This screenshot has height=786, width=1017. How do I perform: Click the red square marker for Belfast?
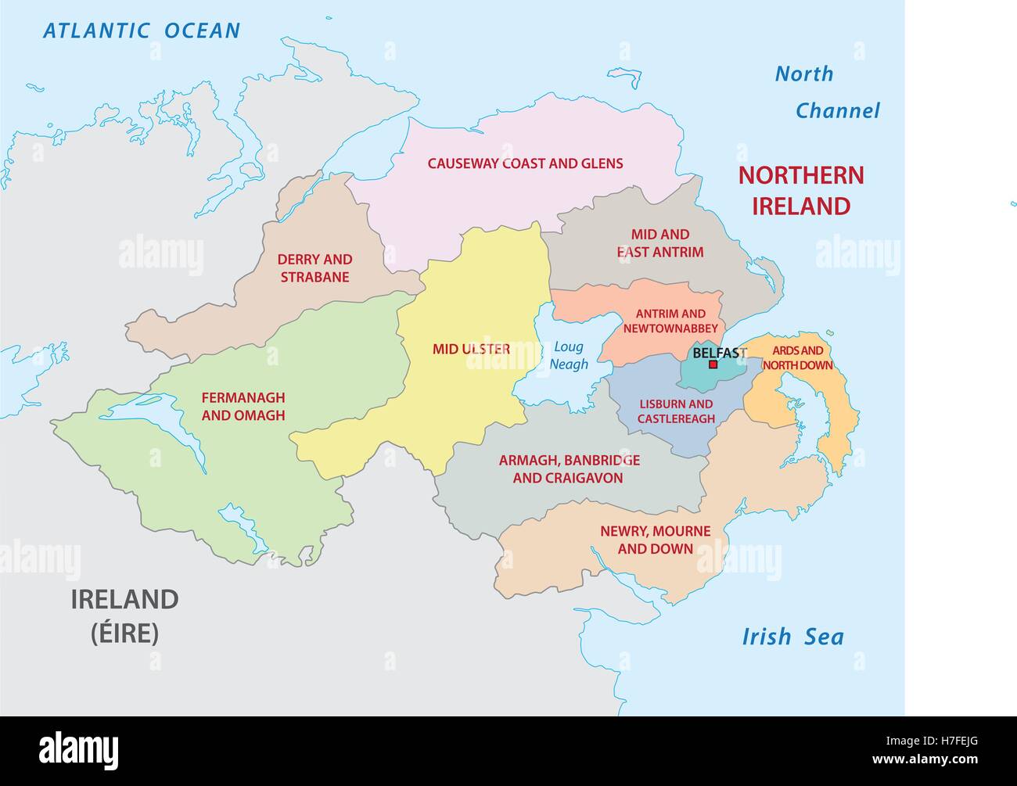(713, 364)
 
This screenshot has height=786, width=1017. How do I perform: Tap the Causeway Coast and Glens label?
(525, 163)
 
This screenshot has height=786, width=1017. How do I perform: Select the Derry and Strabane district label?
(314, 268)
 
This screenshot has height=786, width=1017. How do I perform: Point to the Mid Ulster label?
(471, 349)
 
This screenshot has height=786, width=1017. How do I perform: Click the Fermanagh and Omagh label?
(243, 407)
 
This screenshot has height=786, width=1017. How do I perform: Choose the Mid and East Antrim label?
(659, 243)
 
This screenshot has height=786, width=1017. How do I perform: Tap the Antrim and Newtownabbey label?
(670, 321)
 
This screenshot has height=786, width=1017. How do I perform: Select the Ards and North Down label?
(798, 358)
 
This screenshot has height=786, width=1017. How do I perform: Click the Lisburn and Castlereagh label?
(676, 411)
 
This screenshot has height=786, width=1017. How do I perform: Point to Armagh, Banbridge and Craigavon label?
(569, 468)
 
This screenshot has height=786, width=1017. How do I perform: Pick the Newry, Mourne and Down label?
(655, 540)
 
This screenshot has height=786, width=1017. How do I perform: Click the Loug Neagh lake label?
(569, 355)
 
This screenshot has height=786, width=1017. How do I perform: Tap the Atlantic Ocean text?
(142, 31)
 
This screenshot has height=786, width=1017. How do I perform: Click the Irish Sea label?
(792, 637)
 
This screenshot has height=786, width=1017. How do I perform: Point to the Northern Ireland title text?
(801, 190)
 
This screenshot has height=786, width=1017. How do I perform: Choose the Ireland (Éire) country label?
(125, 616)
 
